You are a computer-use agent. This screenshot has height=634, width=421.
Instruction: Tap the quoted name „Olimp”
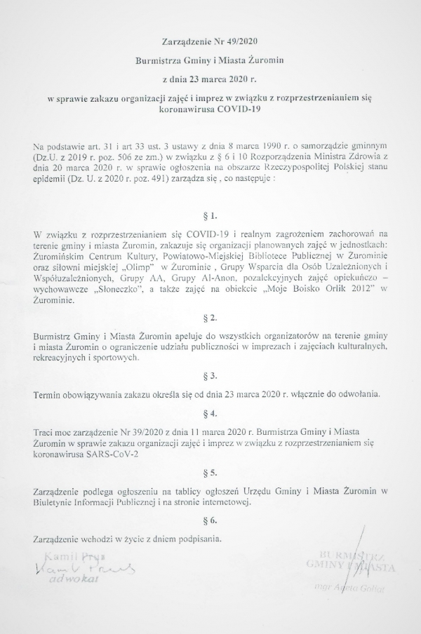click(x=140, y=270)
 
